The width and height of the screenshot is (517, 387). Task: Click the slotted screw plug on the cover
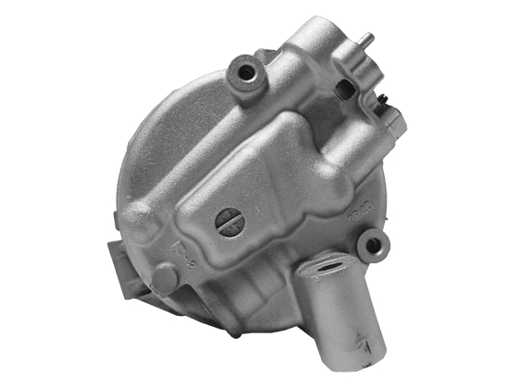click(229, 221)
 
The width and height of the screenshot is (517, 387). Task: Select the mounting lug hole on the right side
click(371, 243)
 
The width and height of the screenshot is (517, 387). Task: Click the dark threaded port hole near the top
click(346, 88)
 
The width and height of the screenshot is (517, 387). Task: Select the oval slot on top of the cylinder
click(327, 268)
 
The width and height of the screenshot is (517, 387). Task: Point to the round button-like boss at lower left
click(164, 279)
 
